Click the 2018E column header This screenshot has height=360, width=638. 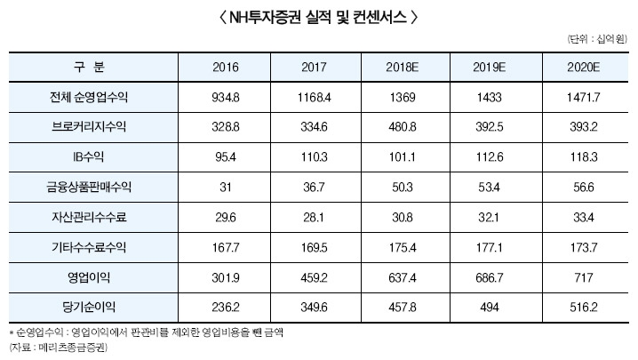click(x=408, y=68)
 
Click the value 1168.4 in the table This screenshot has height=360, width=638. click(x=316, y=97)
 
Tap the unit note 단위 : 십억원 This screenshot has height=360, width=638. click(x=596, y=40)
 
